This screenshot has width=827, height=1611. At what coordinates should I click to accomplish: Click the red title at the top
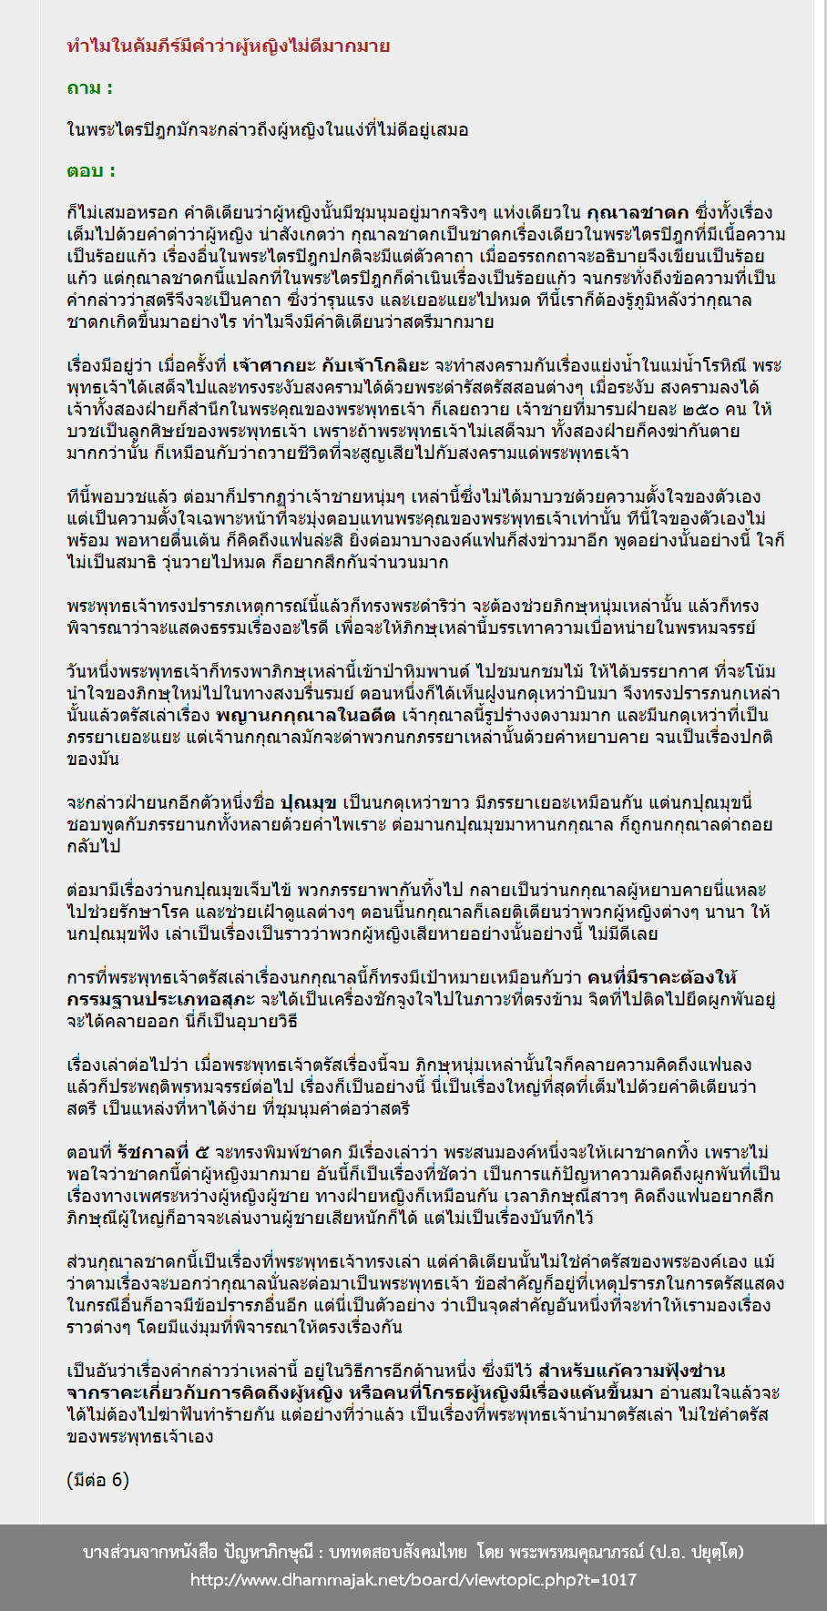pyautogui.click(x=229, y=46)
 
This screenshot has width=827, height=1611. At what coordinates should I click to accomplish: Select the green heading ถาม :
pyautogui.click(x=89, y=88)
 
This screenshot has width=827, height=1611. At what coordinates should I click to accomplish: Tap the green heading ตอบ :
pyautogui.click(x=91, y=170)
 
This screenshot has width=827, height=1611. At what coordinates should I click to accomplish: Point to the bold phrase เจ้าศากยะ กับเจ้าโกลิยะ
pyautogui.click(x=331, y=366)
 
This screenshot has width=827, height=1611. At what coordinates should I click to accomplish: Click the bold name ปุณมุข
pyautogui.click(x=310, y=803)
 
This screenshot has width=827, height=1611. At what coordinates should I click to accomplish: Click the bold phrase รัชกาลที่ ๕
pyautogui.click(x=162, y=1153)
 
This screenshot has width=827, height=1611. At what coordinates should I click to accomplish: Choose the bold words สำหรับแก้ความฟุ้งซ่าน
pyautogui.click(x=632, y=1371)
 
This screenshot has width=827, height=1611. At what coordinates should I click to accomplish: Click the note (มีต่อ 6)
pyautogui.click(x=98, y=1480)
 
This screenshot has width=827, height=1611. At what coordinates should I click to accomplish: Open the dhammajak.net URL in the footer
pyautogui.click(x=413, y=1580)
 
